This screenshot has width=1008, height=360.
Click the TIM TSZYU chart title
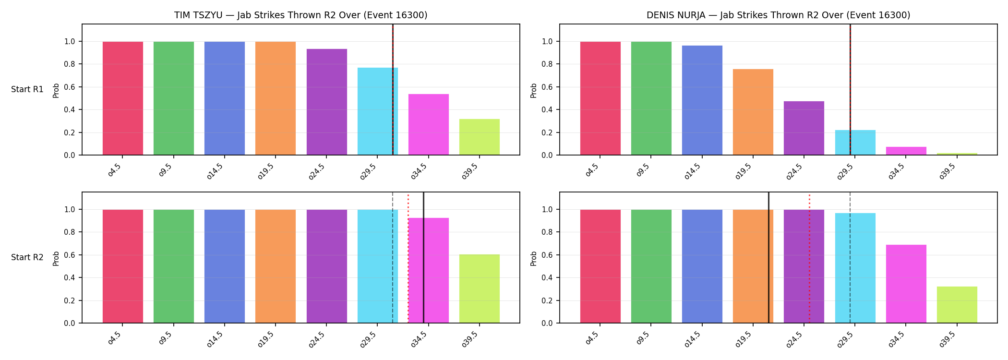click(x=300, y=15)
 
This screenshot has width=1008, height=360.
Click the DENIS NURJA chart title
click(x=778, y=15)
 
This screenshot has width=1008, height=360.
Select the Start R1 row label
click(x=27, y=89)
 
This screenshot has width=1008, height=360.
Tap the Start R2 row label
click(x=27, y=257)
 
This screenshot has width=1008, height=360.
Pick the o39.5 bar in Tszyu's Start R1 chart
click(x=480, y=137)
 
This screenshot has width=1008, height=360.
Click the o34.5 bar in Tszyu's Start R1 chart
click(x=429, y=124)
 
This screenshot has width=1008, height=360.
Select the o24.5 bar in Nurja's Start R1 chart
click(x=804, y=128)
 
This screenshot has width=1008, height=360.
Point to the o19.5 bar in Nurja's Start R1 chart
click(x=753, y=112)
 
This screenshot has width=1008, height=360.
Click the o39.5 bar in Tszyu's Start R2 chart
click(x=480, y=288)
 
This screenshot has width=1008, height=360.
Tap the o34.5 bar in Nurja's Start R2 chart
click(x=906, y=284)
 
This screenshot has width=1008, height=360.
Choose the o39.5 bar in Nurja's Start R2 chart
click(x=957, y=305)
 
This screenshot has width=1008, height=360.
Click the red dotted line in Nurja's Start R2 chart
click(x=809, y=259)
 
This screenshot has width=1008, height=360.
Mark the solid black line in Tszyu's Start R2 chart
click(x=424, y=257)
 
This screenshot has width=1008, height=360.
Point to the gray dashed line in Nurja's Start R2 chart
click(x=850, y=257)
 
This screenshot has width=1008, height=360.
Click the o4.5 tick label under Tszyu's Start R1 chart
click(x=115, y=170)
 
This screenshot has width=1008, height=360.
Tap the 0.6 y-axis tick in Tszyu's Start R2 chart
click(x=70, y=255)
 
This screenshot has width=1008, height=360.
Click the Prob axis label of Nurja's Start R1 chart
click(x=534, y=90)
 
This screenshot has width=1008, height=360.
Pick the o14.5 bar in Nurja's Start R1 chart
click(x=702, y=100)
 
